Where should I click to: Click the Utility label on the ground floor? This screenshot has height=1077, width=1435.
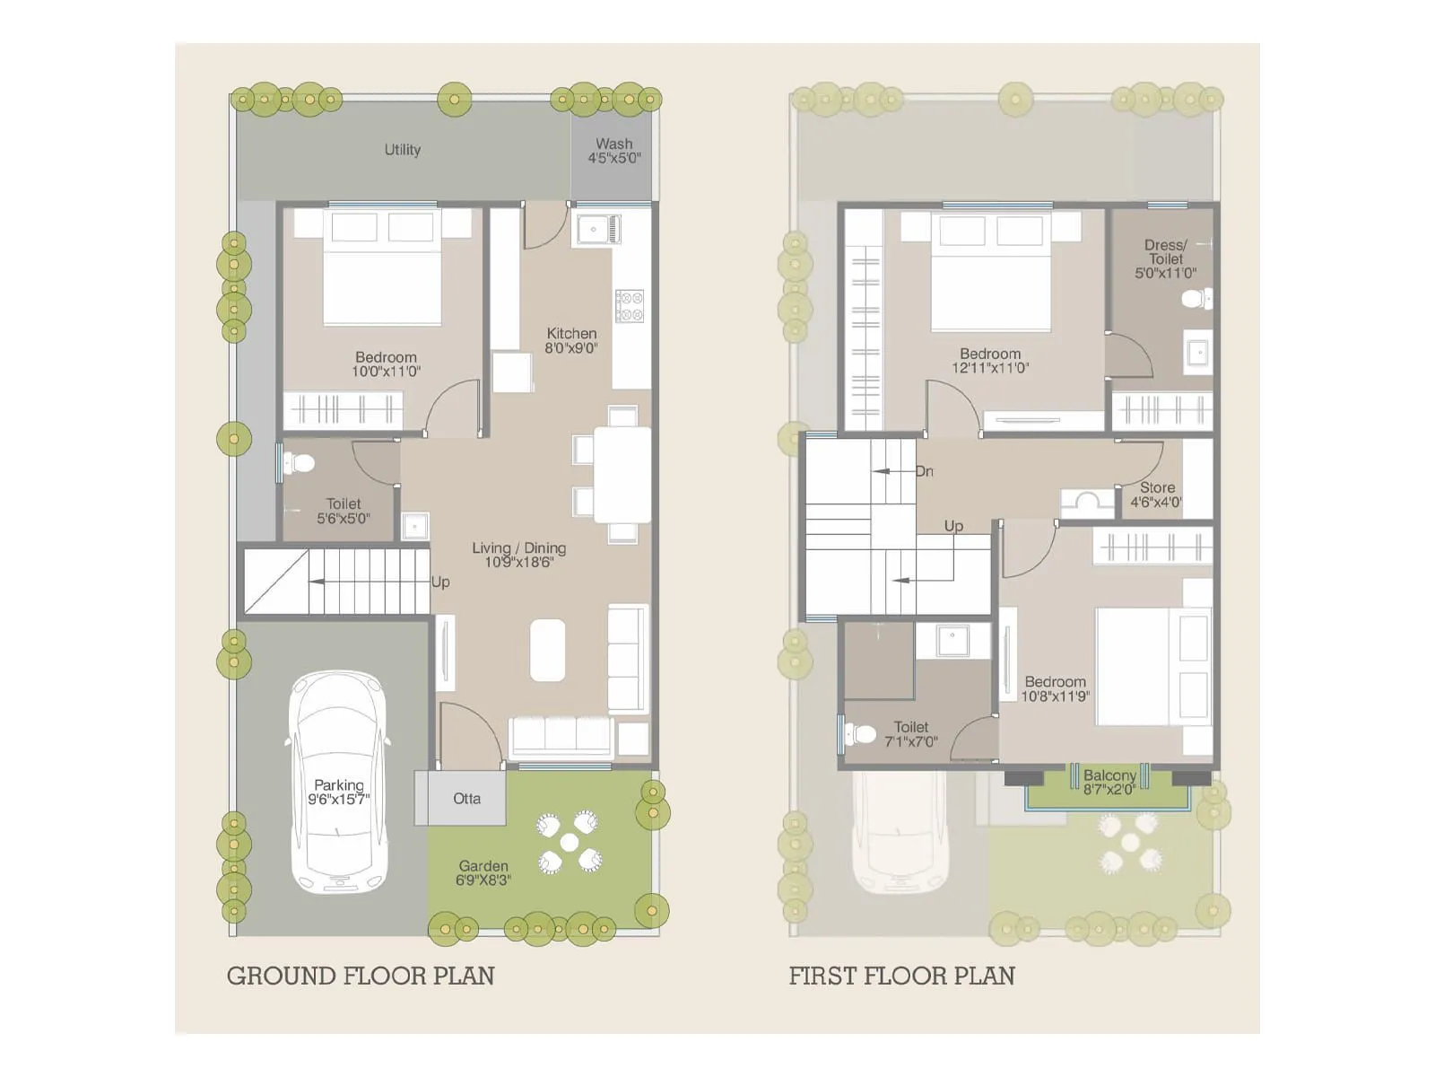402,150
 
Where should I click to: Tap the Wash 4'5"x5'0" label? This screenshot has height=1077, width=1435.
613,151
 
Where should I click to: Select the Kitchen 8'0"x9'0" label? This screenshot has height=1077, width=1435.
571,340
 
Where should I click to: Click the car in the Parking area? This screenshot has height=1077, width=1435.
338,781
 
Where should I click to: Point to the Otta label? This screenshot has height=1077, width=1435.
466,798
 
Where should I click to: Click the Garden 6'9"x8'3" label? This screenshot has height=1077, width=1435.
483,872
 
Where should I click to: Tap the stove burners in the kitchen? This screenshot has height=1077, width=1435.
629,306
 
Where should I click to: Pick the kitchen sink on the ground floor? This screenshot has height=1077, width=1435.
597,229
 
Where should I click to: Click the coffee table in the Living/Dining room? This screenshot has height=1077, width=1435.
547,650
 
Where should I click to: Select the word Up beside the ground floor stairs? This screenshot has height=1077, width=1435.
440,582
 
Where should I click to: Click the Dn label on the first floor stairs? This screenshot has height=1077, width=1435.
924,471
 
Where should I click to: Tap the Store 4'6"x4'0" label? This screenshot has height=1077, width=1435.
1156,495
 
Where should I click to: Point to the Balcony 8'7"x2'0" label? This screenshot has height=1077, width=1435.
1109,782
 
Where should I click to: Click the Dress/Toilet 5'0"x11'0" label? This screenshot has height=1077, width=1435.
1165,258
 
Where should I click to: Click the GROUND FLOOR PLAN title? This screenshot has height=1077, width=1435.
361,976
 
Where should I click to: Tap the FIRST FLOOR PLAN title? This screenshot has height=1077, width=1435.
901,976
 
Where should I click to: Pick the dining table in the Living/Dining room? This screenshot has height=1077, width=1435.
622,474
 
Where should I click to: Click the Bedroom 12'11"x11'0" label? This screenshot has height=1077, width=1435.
990,360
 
